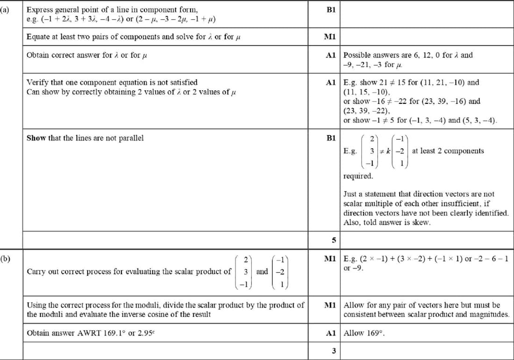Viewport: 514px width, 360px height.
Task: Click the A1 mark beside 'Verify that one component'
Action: pos(331,83)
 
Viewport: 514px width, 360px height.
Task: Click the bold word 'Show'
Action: pos(36,138)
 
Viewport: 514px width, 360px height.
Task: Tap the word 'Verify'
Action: pos(37,83)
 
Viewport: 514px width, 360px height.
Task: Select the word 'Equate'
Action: pos(38,36)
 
